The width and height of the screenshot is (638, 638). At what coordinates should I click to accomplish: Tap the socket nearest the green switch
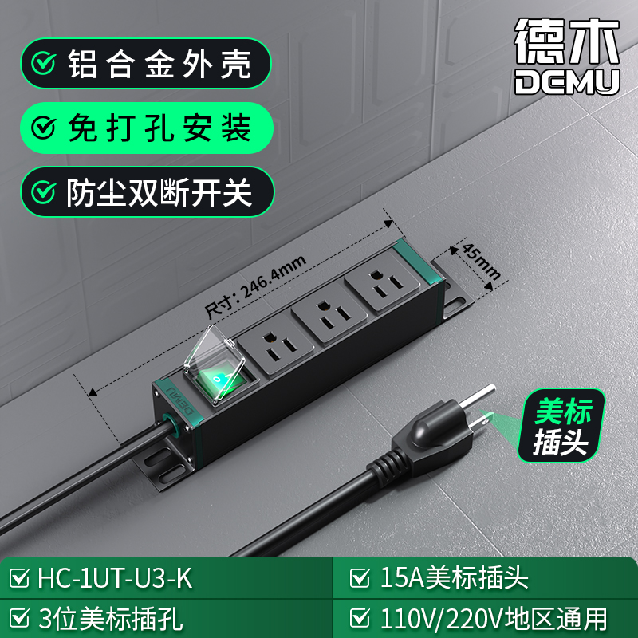pos(276,345)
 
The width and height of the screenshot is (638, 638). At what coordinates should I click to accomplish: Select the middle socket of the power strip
pos(329,312)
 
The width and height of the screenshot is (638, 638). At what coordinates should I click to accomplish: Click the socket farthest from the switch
pos(383,281)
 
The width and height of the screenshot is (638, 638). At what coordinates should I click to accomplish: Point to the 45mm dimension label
pos(481,262)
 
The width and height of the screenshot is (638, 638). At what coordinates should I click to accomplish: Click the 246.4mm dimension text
pos(254,287)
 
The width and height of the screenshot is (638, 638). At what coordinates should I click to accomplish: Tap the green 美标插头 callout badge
pos(561,426)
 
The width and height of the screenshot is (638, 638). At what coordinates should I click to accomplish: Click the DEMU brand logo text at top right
pos(567,82)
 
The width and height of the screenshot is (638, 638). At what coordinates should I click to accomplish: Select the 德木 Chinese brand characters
pos(567,41)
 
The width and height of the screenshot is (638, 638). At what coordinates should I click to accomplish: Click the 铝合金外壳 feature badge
pos(146,64)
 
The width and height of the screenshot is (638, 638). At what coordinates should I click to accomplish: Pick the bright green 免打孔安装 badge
pos(147,128)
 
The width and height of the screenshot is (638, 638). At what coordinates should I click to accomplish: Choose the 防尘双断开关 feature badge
pos(148,192)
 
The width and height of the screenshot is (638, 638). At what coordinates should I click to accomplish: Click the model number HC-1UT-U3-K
pos(114,577)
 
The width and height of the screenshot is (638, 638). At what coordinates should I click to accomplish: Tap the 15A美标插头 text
pos(454,577)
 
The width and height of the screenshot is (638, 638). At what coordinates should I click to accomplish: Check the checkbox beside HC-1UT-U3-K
pos(19,577)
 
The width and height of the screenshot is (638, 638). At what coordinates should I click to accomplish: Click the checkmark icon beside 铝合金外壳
pos(43,64)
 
